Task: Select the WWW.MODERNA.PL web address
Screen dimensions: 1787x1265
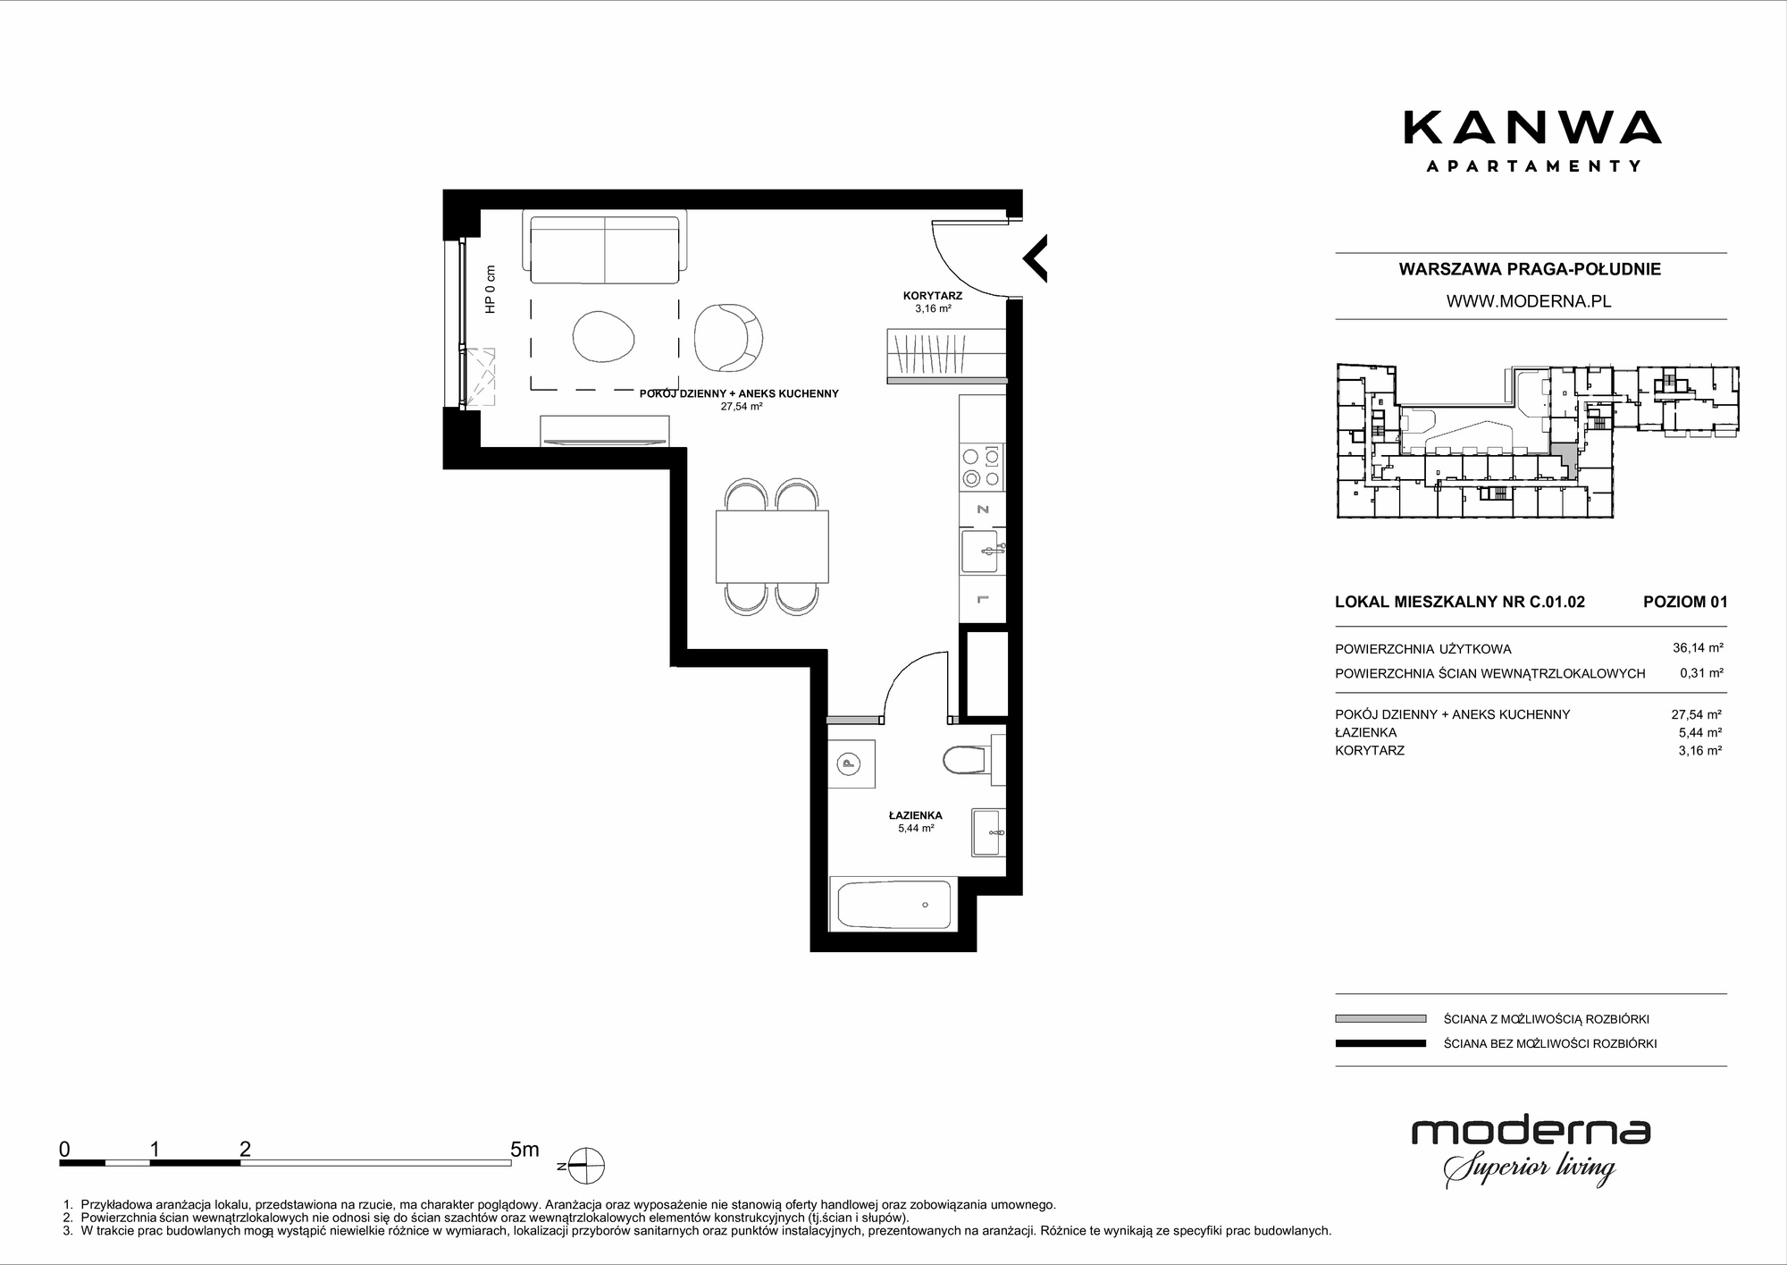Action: (x=1529, y=301)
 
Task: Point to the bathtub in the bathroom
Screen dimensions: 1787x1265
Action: (x=893, y=905)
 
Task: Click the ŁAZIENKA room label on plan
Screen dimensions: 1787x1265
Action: (x=915, y=815)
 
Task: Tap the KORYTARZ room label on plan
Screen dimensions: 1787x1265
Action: (x=932, y=295)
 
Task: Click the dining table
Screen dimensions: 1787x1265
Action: (x=772, y=546)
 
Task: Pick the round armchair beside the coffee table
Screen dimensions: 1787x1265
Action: (x=728, y=337)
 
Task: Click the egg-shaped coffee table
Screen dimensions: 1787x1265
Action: (x=604, y=336)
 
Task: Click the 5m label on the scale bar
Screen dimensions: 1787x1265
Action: (x=524, y=1149)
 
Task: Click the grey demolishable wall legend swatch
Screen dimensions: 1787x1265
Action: (x=1380, y=1018)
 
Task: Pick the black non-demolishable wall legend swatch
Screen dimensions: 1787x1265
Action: (x=1380, y=1043)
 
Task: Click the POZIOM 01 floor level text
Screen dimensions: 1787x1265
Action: (x=1685, y=602)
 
